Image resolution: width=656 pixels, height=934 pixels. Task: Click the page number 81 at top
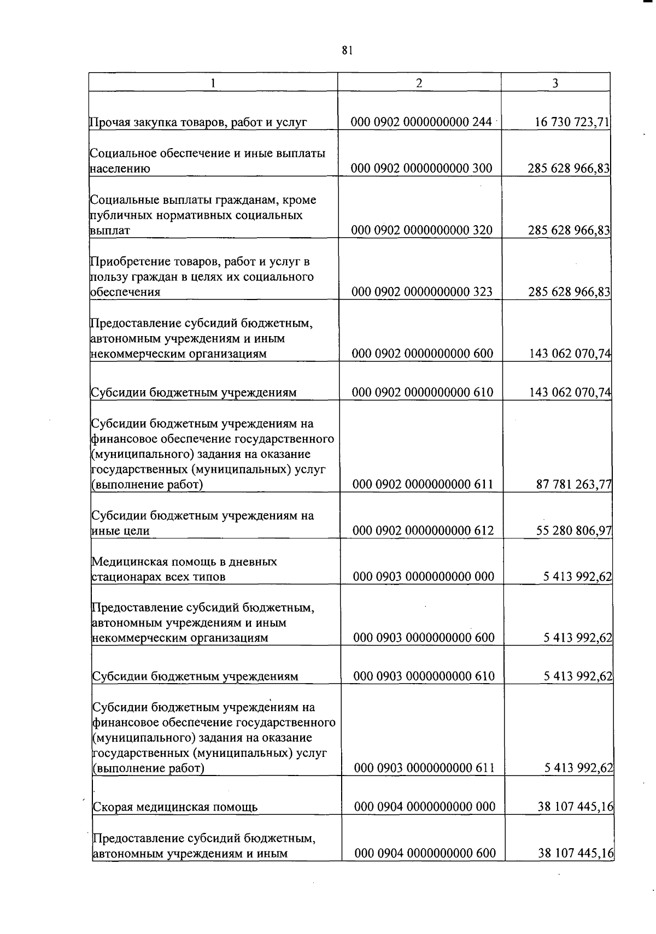pos(347,50)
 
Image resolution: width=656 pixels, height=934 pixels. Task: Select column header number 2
pos(419,83)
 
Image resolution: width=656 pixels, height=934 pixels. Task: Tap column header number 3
pos(555,83)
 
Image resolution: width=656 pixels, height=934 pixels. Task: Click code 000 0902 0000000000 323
pos(422,292)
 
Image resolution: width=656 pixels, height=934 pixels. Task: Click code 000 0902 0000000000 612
pos(423,531)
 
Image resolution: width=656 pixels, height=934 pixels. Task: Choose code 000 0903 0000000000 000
pos(424,577)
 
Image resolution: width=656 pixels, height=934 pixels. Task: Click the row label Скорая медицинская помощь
pos(175,807)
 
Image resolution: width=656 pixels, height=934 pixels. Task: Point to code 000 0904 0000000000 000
pos(425,807)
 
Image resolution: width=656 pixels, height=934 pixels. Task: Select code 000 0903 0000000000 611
pos(425,768)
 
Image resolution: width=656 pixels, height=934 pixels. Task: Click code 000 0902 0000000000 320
pos(422,230)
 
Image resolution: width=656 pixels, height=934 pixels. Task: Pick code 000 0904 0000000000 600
pos(425,853)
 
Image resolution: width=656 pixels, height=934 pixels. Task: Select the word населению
pos(120,169)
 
